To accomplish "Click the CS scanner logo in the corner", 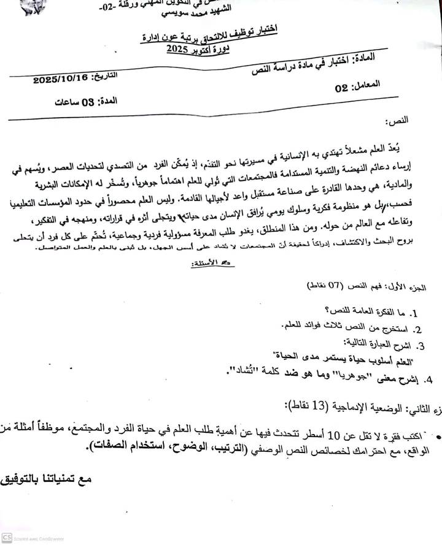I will tap(6, 537).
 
